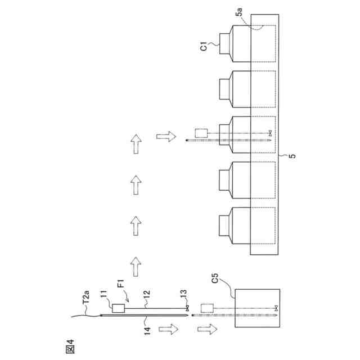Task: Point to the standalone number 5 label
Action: [291, 157]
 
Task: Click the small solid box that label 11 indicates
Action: [118, 308]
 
